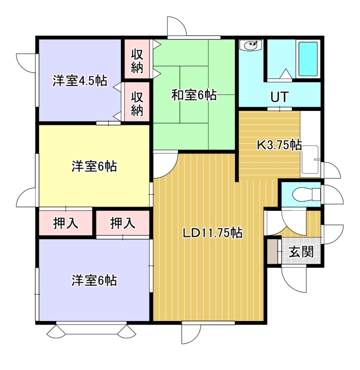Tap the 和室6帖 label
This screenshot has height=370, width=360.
(x=194, y=95)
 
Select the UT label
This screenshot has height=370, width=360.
(x=279, y=97)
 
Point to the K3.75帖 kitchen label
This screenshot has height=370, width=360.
(x=279, y=145)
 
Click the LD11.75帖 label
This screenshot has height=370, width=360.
(x=213, y=233)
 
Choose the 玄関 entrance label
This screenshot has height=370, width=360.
(x=301, y=252)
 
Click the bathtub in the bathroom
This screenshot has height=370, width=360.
(x=308, y=59)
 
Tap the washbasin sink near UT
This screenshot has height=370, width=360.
(x=251, y=45)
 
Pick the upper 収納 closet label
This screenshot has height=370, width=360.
(x=137, y=62)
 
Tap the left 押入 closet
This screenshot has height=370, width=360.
(x=65, y=223)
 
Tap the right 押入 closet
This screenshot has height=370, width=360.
(x=123, y=223)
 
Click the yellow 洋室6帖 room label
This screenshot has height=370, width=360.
(x=94, y=166)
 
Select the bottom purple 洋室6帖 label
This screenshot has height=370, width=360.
(x=94, y=280)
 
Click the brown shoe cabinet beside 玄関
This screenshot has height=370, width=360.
(x=273, y=252)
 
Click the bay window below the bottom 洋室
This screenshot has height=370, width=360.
(x=91, y=329)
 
